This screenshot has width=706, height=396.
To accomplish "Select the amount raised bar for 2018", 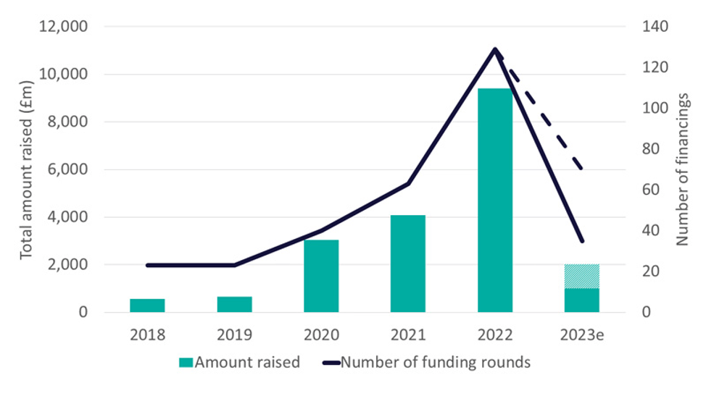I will coord(147,306).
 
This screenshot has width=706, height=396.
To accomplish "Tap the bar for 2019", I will coord(234,304).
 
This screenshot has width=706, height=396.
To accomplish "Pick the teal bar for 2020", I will coord(321,276).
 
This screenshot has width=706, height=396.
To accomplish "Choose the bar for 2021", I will coord(408,264).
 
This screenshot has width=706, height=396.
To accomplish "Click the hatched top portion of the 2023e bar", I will coord(582,277).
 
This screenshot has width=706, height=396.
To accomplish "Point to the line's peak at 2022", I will coord(495,49).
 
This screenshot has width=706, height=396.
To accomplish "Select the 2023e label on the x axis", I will coord(581,335).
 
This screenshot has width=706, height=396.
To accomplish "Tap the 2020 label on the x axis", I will coord(321,335).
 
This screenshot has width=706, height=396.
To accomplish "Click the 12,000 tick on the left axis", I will coord(62,27).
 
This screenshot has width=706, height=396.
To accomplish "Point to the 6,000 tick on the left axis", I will coord(66,169).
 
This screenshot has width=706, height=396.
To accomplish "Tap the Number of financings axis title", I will coord(683,169).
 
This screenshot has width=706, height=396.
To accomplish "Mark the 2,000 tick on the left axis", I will coord(66,265).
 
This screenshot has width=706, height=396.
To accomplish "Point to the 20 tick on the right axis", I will coord(649,271).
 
